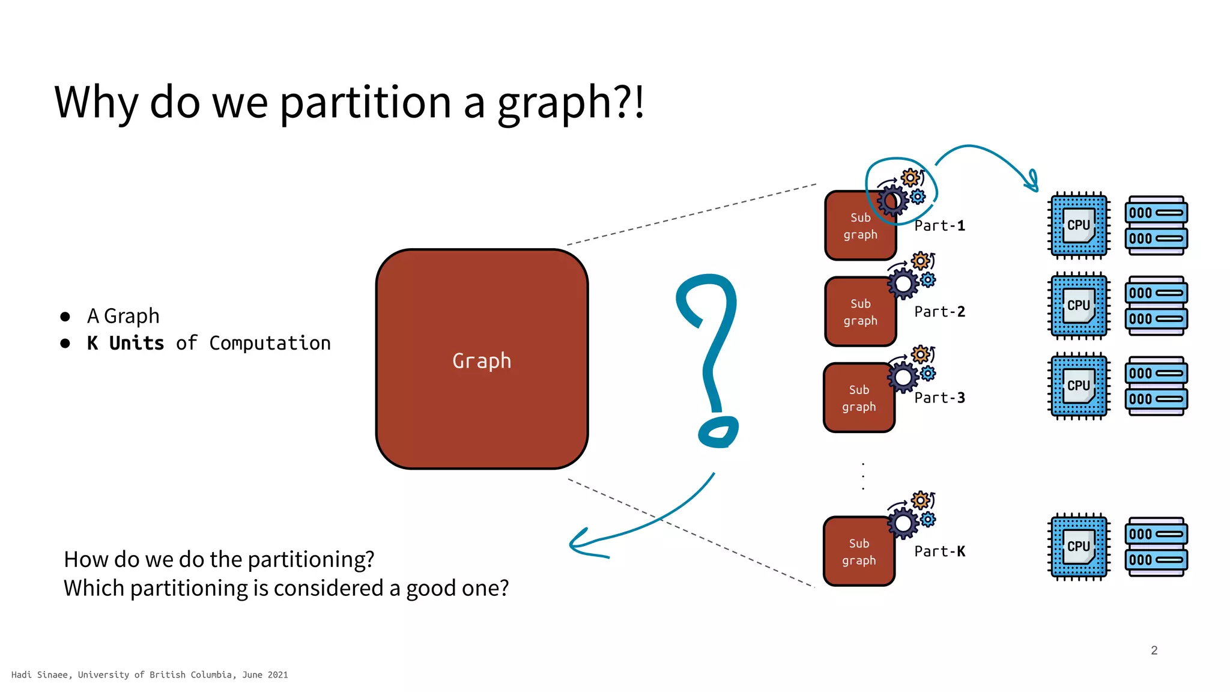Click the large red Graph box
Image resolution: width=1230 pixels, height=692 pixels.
click(482, 359)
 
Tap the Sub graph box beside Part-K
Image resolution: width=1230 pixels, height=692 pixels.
click(859, 551)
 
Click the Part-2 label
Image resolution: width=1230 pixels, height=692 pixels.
click(939, 312)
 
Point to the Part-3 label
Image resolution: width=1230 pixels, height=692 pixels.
click(939, 398)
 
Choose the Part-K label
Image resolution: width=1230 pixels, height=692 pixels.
click(939, 551)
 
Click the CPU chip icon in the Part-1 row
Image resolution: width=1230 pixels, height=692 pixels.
click(1079, 225)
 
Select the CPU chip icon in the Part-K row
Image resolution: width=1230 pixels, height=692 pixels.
click(1079, 547)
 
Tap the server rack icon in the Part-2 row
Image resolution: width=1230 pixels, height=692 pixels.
click(1156, 306)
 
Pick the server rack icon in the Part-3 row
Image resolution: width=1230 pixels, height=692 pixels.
click(1156, 386)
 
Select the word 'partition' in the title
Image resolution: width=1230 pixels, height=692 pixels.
click(365, 102)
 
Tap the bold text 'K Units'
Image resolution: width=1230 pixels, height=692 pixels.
click(125, 343)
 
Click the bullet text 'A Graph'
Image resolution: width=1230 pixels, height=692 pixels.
click(123, 316)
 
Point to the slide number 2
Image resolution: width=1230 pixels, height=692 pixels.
click(1154, 650)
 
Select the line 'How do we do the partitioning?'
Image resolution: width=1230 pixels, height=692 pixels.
click(219, 559)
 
